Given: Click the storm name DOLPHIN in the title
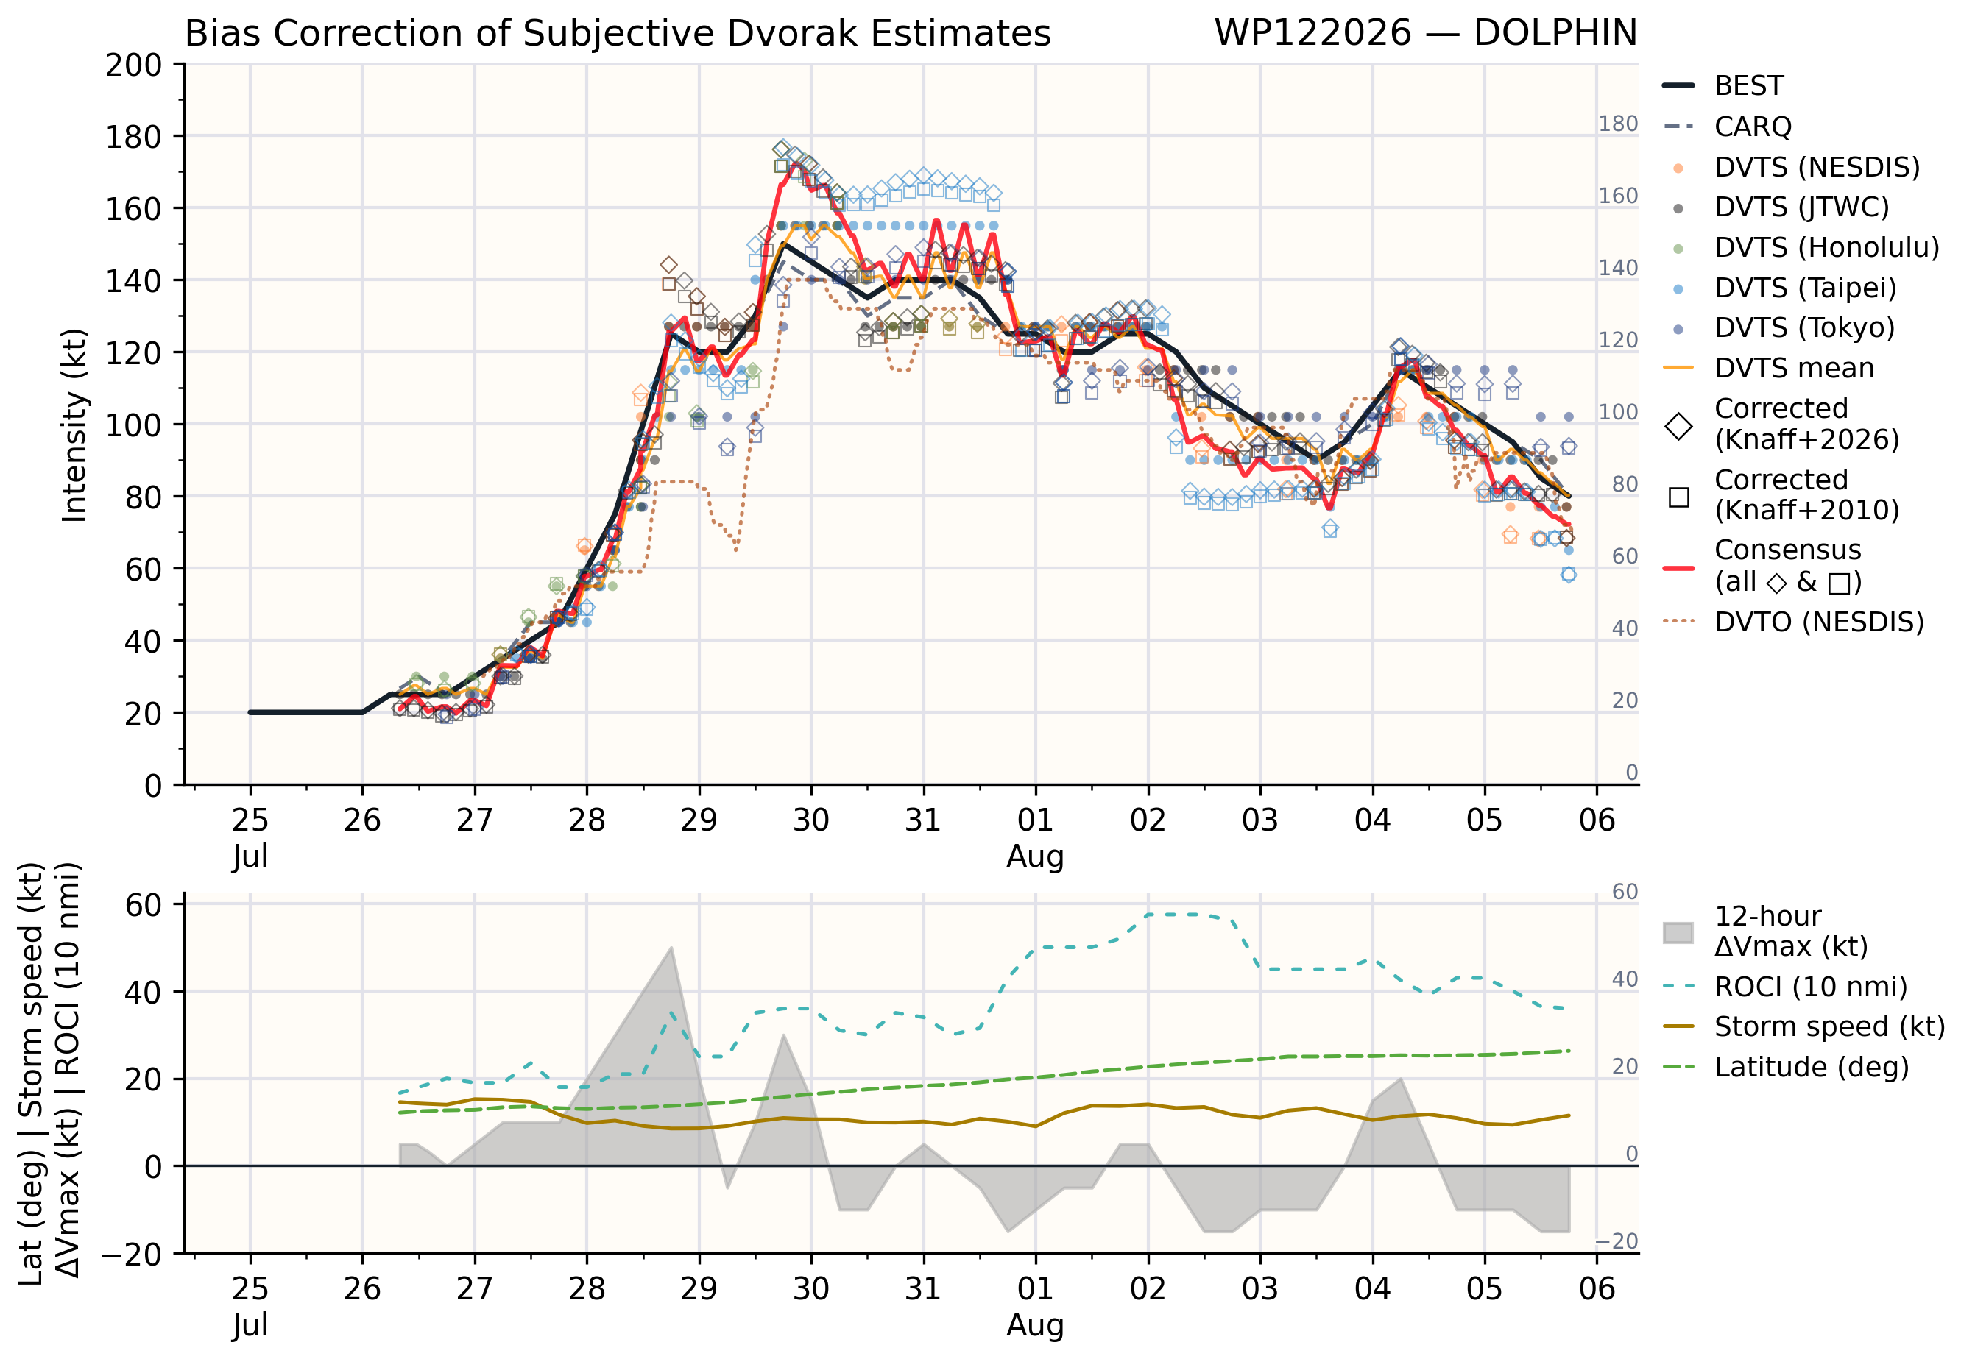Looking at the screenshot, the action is (1555, 33).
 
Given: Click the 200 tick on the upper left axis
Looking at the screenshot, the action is (134, 65).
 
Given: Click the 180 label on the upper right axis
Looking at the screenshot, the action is (1617, 124).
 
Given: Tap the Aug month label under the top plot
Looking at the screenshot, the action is (1035, 856).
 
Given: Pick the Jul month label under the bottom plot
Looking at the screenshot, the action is (250, 1324).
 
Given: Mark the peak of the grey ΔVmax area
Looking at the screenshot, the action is (671, 947).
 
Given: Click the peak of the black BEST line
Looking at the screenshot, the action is (783, 244).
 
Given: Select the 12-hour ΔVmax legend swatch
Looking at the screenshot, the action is (1678, 932).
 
